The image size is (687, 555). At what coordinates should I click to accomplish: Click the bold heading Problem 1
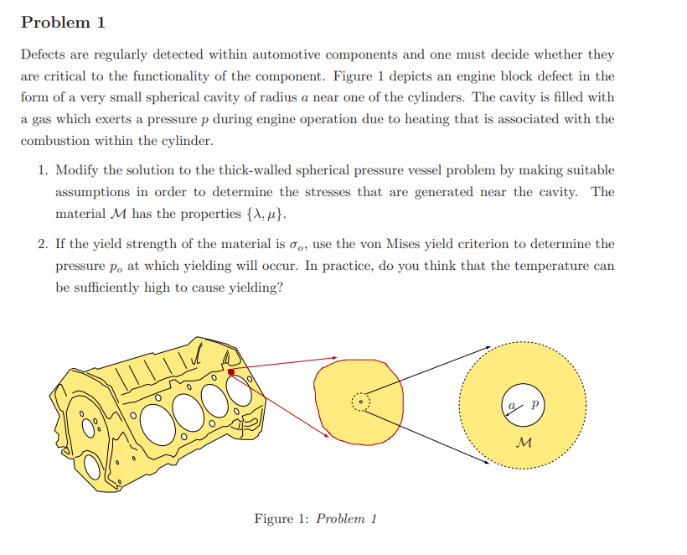click(63, 23)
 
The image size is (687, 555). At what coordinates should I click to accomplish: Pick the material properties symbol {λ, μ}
click(262, 214)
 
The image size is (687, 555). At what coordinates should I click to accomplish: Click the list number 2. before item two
click(42, 244)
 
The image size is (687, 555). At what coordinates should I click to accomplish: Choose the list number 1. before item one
click(42, 170)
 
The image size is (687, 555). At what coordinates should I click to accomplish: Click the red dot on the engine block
click(230, 371)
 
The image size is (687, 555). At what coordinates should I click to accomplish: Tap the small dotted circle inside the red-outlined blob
click(359, 402)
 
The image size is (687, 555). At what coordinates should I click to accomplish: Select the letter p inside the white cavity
click(534, 403)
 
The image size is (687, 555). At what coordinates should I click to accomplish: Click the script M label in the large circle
click(524, 441)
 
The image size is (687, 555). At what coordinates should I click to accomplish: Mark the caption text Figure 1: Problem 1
click(315, 518)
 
